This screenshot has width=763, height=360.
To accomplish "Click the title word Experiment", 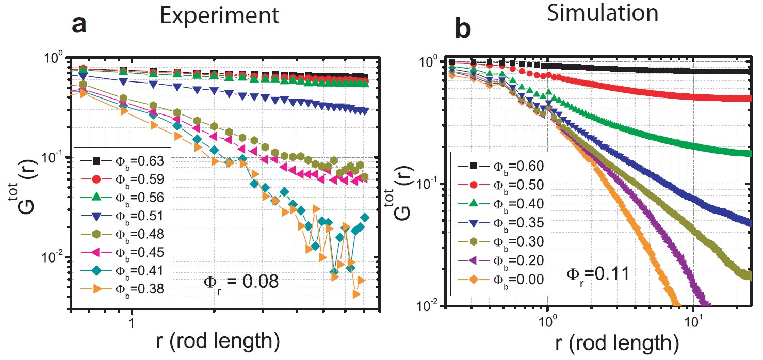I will (218, 17).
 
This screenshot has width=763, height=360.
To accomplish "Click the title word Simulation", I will (602, 13).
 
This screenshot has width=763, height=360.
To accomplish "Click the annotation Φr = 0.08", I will (239, 282).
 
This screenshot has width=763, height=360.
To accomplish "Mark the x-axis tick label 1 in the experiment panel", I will (132, 321).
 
